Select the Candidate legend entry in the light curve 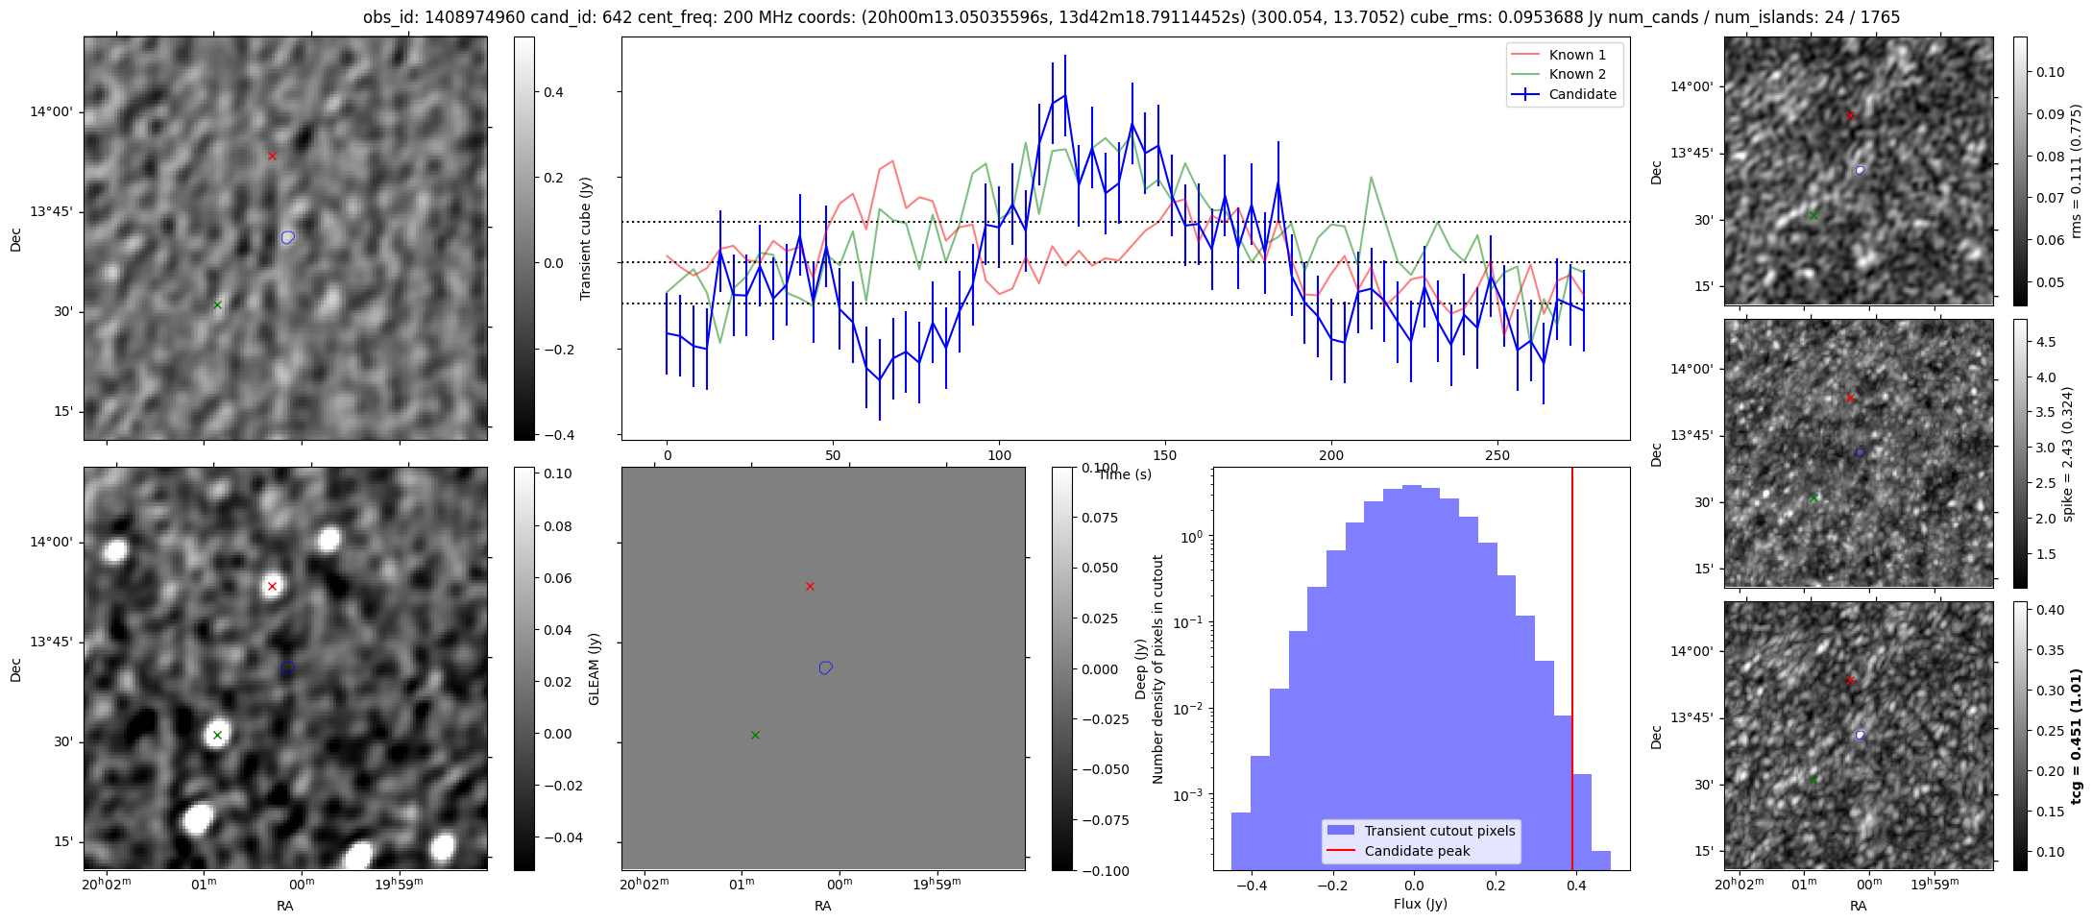1564,94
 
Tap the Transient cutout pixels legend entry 1421,831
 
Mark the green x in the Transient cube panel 217,305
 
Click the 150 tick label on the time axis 1165,455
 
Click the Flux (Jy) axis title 1421,904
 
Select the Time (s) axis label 1125,474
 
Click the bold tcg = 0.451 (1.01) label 2076,737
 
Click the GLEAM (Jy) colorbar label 594,668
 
